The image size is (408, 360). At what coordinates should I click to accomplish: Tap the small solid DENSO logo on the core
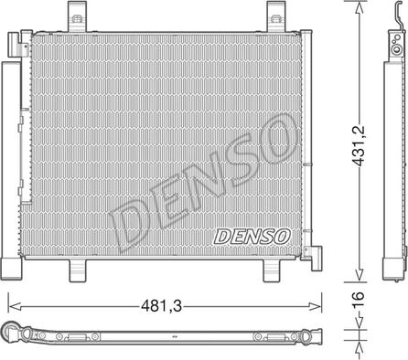coord(252,235)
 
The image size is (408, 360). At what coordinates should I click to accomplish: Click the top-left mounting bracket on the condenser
coord(73,16)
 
